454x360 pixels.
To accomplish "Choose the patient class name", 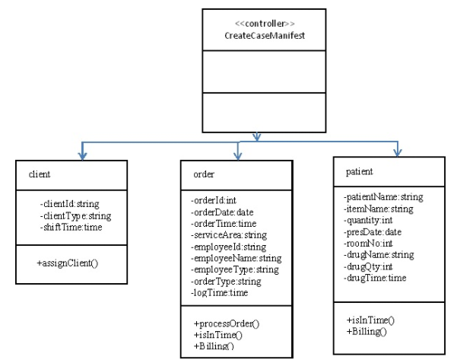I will point(360,172).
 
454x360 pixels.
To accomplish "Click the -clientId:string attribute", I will point(70,203).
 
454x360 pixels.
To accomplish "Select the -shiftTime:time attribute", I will point(70,226).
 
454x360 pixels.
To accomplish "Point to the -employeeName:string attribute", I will point(235,259).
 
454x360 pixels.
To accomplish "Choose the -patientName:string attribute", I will point(383,197).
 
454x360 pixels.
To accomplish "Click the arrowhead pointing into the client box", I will point(81,155).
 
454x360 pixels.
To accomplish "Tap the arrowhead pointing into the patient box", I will point(395,152).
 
